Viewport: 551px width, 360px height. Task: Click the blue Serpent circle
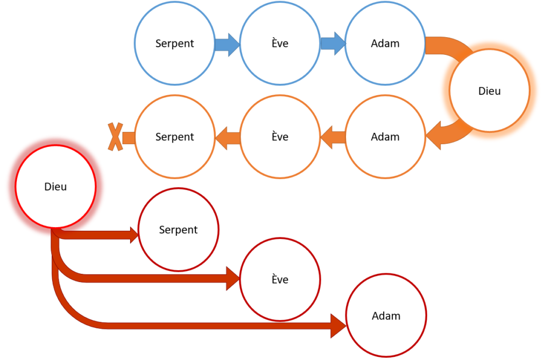tap(174, 44)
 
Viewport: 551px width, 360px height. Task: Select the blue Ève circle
tap(280, 44)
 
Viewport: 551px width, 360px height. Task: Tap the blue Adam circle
tap(385, 44)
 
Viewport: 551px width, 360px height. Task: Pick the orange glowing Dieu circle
tap(489, 91)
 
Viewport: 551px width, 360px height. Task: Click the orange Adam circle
tap(385, 137)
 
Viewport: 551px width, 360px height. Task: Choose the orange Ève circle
tap(280, 137)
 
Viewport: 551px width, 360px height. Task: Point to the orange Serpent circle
tap(174, 137)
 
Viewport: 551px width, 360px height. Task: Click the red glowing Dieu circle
tap(55, 186)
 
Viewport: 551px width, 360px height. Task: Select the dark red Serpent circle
tap(178, 230)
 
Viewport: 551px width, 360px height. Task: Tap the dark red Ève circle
tap(280, 280)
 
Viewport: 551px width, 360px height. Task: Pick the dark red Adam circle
tap(386, 315)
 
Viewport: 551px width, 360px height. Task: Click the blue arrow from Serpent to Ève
tap(227, 44)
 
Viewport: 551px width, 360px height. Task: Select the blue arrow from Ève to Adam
tap(333, 44)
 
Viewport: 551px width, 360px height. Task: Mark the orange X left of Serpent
tap(115, 137)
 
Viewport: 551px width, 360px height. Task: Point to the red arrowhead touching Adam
tap(338, 326)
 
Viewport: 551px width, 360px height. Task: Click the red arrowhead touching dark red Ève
tap(233, 278)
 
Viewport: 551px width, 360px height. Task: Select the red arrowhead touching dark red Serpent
tap(133, 234)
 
